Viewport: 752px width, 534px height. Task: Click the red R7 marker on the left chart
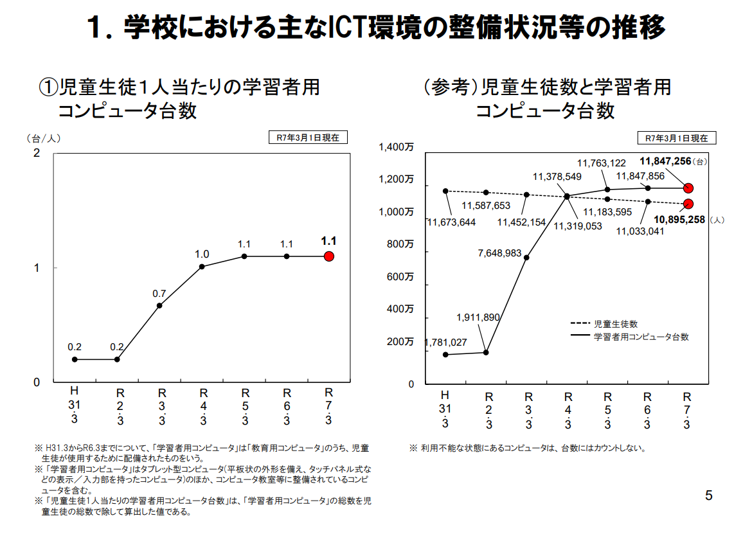pyautogui.click(x=329, y=256)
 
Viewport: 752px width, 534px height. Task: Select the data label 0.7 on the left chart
pyautogui.click(x=159, y=294)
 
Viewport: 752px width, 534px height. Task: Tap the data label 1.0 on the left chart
pyautogui.click(x=202, y=254)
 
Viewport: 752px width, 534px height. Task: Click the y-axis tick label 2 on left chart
pyautogui.click(x=37, y=153)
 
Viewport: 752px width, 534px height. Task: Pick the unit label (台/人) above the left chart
pyautogui.click(x=43, y=138)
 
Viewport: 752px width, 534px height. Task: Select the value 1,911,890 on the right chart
pyautogui.click(x=478, y=317)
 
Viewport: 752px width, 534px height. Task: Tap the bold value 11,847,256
pyautogui.click(x=665, y=161)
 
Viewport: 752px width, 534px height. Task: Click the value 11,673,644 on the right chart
pyautogui.click(x=451, y=222)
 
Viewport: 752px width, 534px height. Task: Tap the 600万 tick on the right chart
pyautogui.click(x=400, y=277)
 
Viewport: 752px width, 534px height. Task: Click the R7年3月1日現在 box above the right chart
pyautogui.click(x=676, y=138)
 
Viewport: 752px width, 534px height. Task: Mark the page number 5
pyautogui.click(x=709, y=495)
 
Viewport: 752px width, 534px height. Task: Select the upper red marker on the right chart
pyautogui.click(x=688, y=188)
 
